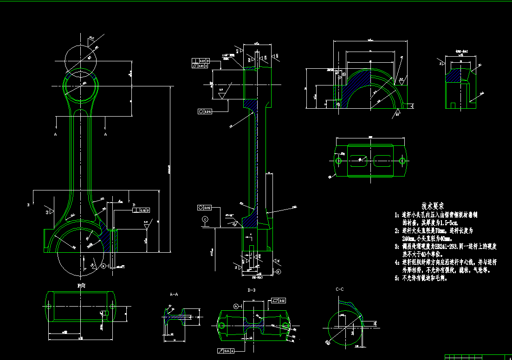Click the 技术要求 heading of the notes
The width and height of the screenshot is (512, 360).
tap(433, 205)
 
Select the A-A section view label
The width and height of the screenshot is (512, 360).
tap(174, 295)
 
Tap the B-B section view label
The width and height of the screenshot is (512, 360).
tap(252, 290)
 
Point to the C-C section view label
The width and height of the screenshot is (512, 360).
tap(339, 289)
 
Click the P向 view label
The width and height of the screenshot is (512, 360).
tap(81, 286)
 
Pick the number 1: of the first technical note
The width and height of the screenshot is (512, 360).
tap(397, 216)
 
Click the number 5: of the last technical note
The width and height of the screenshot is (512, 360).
tap(397, 278)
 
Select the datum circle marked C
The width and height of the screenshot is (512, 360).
tap(205, 219)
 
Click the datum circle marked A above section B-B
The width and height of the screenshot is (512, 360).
tap(236, 306)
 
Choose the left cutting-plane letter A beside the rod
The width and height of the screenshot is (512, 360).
tap(56, 134)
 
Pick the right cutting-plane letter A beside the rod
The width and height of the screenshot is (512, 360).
tap(105, 134)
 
